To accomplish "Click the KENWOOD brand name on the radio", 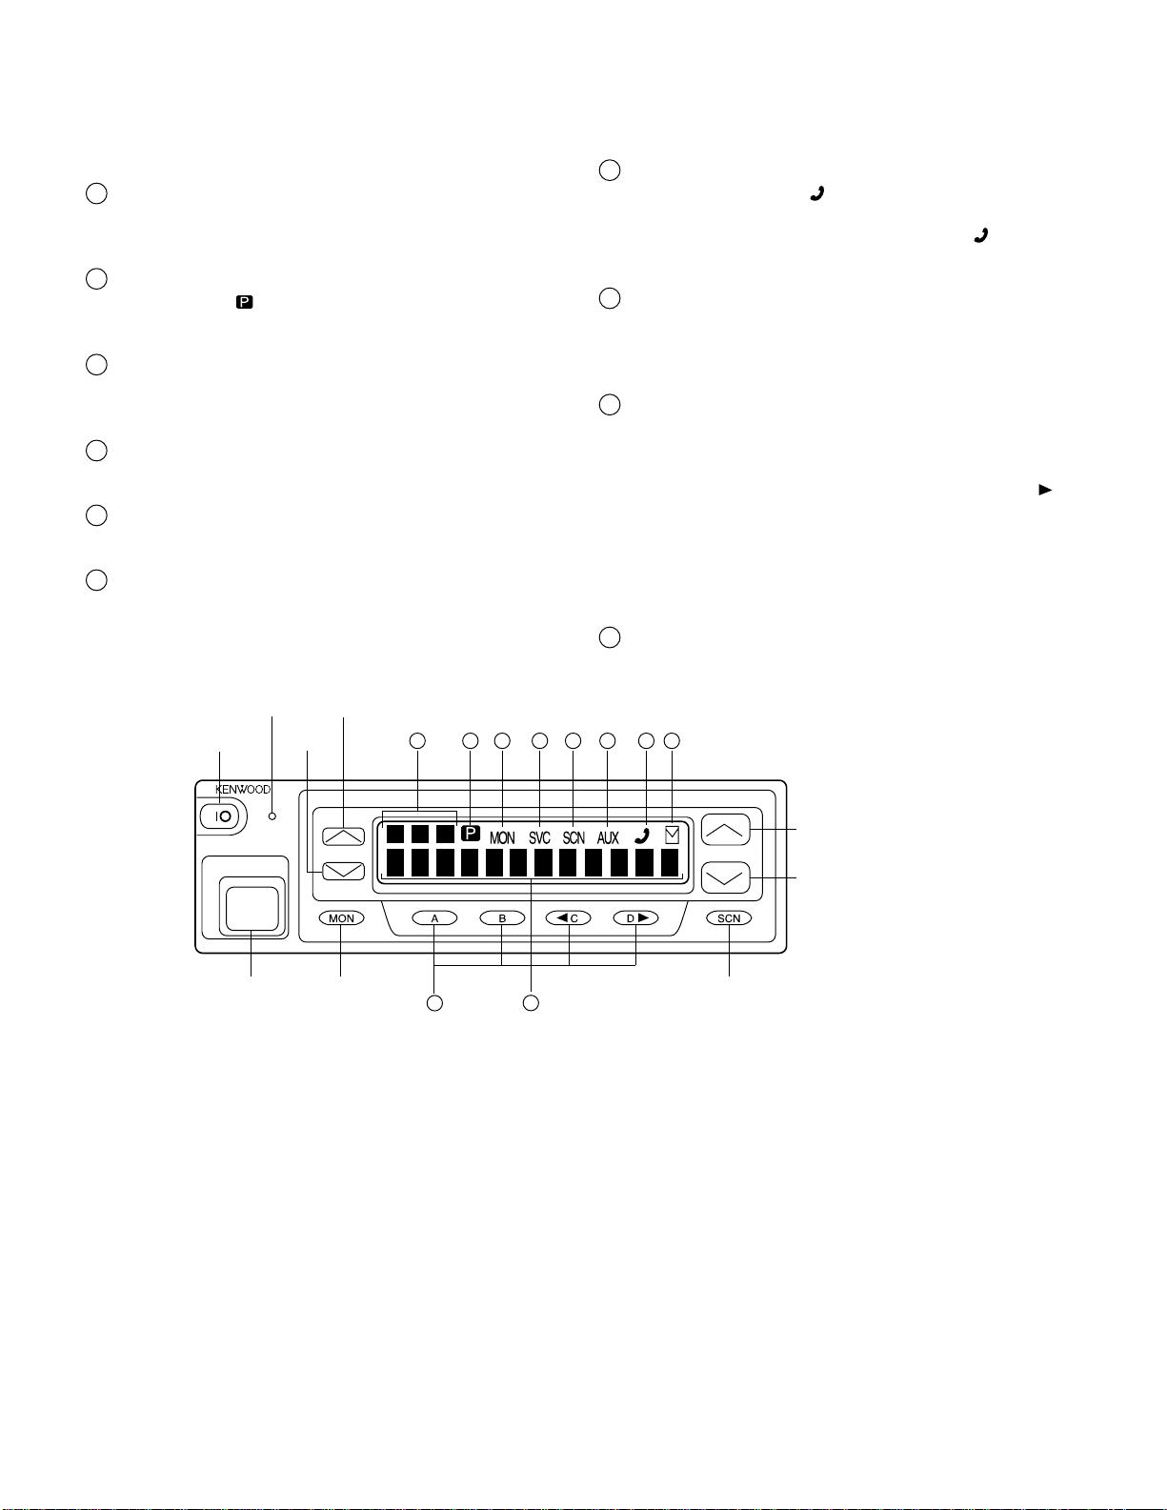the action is [242, 790].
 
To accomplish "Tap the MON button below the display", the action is [341, 918].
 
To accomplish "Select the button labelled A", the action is [434, 918].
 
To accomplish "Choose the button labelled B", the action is [502, 918].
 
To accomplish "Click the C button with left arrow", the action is [568, 918].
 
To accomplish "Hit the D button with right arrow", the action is [635, 918].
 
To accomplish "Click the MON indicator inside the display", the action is [502, 838].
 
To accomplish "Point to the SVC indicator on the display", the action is [539, 838].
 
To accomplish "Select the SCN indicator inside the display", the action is [573, 838].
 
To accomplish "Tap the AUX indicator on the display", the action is [608, 838].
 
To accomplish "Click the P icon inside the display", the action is [471, 833].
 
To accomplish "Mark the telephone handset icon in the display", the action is [642, 836].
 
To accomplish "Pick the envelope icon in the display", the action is [672, 835].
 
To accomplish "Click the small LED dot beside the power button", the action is [272, 815].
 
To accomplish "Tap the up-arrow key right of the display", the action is [725, 830].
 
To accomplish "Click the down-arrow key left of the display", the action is [343, 871].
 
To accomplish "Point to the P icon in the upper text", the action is [245, 302].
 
